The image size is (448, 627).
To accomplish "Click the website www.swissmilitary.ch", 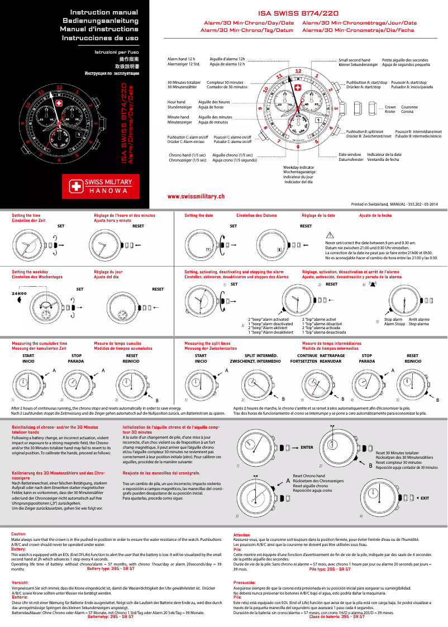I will pyautogui.click(x=196, y=197).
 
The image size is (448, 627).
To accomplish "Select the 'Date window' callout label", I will pyautogui.click(x=350, y=154).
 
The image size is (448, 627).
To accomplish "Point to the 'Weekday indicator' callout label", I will pyautogui.click(x=298, y=168).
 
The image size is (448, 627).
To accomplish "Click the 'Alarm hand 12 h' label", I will pyautogui.click(x=182, y=59).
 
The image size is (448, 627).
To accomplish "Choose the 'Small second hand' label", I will pyautogui.click(x=354, y=59).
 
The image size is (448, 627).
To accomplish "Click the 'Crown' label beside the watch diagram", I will pyautogui.click(x=390, y=107).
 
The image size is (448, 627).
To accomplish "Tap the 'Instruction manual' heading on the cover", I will pyautogui.click(x=104, y=12).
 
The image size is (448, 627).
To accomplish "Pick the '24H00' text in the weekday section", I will pyautogui.click(x=20, y=293).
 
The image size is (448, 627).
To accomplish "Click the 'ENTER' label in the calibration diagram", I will pyautogui.click(x=307, y=448).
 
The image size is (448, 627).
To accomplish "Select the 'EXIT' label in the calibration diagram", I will pyautogui.click(x=425, y=497).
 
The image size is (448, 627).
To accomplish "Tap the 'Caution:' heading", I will pyautogui.click(x=19, y=534).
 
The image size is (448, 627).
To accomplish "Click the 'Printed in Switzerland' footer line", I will pyautogui.click(x=394, y=205).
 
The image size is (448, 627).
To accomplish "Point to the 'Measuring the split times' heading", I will pyautogui.click(x=207, y=343).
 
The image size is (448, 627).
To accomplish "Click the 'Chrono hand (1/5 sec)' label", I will pyautogui.click(x=187, y=155).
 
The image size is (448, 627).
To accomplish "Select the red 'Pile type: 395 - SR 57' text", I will pyautogui.click(x=330, y=569).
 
